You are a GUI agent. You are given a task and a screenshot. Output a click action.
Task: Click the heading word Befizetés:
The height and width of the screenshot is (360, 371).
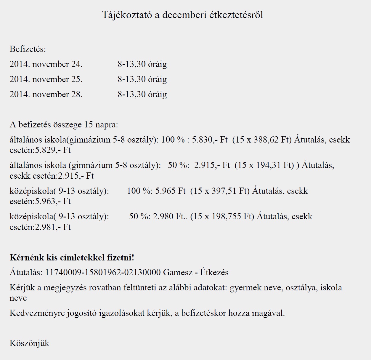(x=28, y=49)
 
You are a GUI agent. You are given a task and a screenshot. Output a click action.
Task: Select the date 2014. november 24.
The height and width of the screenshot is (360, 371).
(x=46, y=64)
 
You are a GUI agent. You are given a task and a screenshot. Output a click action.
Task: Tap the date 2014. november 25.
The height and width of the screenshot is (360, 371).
(x=46, y=79)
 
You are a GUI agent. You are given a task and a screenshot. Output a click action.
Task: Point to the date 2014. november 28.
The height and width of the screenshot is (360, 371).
(x=46, y=94)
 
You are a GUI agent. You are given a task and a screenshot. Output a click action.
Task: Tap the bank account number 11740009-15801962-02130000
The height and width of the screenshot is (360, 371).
(x=103, y=272)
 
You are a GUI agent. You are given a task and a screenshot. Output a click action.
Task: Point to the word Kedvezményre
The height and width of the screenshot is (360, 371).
(x=37, y=313)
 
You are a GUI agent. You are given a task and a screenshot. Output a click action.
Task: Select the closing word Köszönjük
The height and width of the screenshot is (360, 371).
(x=29, y=343)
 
